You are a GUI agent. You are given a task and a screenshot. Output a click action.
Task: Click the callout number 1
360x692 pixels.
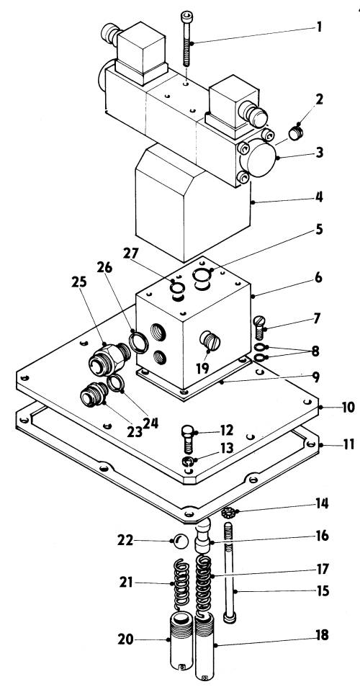pos(318,27)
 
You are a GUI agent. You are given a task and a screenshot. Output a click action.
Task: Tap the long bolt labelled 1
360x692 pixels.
pos(186,40)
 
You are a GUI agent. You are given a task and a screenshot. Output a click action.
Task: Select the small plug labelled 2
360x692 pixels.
pos(295,132)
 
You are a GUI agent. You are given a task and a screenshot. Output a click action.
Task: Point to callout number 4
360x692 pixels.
pos(318,196)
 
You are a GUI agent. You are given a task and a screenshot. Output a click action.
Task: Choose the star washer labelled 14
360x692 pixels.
pos(228,513)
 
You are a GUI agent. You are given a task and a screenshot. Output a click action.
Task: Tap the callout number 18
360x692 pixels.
pos(323,635)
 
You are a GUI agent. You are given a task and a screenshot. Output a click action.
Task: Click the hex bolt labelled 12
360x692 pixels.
pos(188,439)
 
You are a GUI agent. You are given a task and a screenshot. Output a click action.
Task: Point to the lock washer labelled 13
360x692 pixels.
pos(189,462)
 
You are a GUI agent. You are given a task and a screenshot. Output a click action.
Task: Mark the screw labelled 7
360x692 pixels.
pos(259,328)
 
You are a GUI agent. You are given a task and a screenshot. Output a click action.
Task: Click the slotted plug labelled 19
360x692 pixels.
pos(210,341)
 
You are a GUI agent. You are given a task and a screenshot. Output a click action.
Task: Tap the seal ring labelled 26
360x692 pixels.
pos(138,341)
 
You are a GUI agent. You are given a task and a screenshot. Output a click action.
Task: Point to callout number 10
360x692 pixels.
pos(348,407)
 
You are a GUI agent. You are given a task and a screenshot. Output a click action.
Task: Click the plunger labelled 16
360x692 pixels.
pos(203,535)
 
